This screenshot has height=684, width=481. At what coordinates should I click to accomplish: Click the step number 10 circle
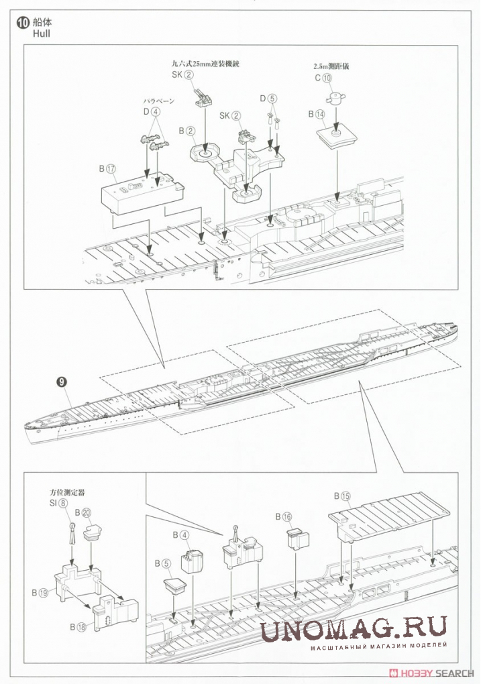(x=23, y=22)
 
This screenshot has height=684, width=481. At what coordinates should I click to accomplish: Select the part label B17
(x=107, y=169)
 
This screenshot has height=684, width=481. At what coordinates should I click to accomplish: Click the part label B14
(x=317, y=115)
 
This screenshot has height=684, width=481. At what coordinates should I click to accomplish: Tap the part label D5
(x=268, y=99)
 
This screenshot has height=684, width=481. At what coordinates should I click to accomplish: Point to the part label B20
(x=83, y=512)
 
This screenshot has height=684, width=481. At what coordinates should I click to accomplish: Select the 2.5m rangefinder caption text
(x=331, y=66)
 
